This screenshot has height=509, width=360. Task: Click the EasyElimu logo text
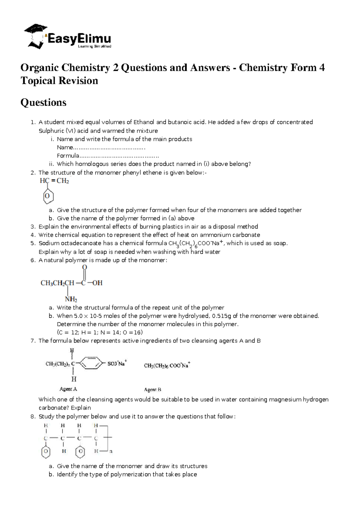point(79,39)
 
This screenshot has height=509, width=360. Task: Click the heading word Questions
point(43,103)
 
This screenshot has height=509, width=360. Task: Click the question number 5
point(33,243)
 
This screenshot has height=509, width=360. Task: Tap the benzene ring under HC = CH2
point(47,196)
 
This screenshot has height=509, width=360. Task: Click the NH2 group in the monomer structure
point(71,299)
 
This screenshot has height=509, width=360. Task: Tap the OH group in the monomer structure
point(97,283)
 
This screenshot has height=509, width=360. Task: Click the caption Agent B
point(153,390)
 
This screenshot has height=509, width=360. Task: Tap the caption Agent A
point(68,389)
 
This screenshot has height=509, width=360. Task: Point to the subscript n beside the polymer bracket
point(111,451)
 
